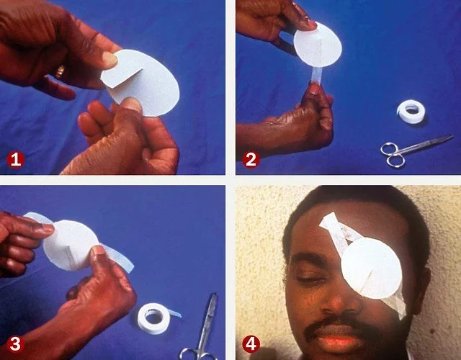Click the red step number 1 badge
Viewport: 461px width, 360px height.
coord(16,160)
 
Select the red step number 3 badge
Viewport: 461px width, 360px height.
coord(16,344)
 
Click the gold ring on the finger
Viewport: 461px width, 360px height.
coord(61,71)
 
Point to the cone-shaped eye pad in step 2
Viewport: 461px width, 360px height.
coord(317,43)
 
